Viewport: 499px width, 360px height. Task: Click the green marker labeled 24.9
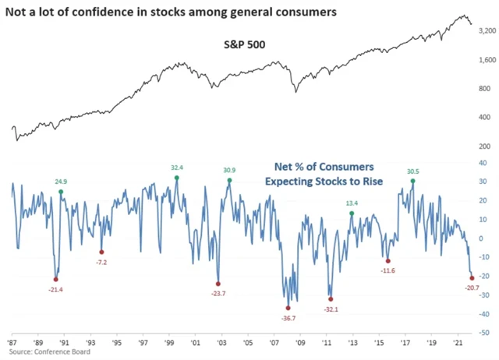click(61, 192)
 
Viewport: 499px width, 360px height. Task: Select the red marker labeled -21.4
click(56, 279)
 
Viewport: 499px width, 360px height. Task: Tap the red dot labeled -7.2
click(101, 252)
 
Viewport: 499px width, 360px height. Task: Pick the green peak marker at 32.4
click(176, 178)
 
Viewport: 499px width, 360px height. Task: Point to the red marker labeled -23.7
click(218, 283)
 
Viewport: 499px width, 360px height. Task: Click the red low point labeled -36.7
click(288, 308)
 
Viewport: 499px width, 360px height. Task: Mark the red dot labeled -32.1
click(331, 298)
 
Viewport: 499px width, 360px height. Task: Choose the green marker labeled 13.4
click(352, 214)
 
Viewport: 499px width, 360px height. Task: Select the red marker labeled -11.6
click(388, 260)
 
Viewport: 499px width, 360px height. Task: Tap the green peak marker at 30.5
click(412, 181)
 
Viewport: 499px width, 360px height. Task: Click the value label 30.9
click(229, 171)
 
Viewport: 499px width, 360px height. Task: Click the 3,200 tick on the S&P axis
click(485, 30)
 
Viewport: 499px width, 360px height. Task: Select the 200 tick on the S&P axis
click(485, 146)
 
